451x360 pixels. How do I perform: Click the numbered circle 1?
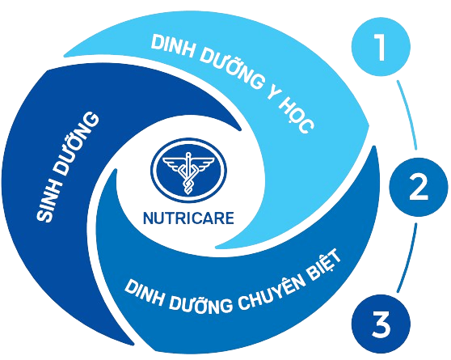[x=381, y=47]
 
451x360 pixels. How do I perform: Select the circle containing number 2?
[x=419, y=187]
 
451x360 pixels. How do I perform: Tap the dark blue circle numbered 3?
[x=381, y=324]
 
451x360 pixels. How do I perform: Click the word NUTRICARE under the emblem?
[x=188, y=218]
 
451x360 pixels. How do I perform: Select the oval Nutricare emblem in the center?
[x=188, y=170]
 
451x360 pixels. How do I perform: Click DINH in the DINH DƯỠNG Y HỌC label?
[x=172, y=48]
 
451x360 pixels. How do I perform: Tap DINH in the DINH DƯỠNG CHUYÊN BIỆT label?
[x=144, y=293]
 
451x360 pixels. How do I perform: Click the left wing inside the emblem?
[x=173, y=163]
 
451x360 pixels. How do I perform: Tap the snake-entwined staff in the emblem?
[x=188, y=173]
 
